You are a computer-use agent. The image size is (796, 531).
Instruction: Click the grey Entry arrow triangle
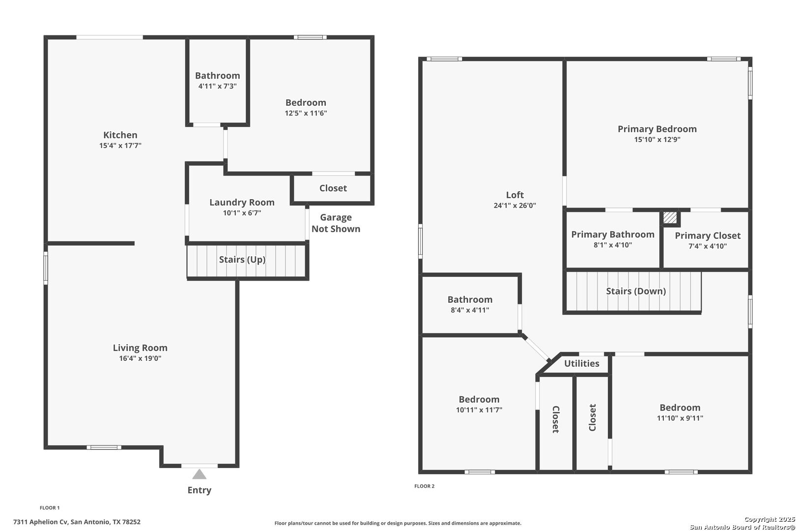(x=199, y=474)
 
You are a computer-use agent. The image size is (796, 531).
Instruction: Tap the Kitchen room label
(x=120, y=135)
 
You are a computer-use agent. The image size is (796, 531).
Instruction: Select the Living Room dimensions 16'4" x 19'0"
(x=140, y=358)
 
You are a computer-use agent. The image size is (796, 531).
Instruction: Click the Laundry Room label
(x=242, y=203)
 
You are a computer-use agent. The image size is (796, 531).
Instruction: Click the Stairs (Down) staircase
(x=633, y=291)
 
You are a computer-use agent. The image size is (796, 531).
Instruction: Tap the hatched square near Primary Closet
(x=670, y=218)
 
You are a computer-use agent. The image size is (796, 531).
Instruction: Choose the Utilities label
(x=582, y=363)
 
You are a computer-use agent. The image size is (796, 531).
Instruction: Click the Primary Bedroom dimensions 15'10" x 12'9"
(x=657, y=140)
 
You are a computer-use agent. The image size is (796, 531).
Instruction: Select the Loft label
(x=514, y=195)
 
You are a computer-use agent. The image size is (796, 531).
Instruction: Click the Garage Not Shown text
(x=336, y=223)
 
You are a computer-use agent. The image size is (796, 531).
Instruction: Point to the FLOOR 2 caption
(x=425, y=486)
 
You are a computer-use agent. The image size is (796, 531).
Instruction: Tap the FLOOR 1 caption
(x=50, y=507)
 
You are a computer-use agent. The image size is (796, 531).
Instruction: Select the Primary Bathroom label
(x=613, y=235)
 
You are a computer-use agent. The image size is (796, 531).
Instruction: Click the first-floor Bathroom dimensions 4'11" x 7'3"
(x=218, y=86)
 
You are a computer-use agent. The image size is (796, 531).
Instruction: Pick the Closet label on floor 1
(x=333, y=188)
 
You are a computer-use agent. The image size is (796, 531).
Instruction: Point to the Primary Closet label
(x=708, y=236)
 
